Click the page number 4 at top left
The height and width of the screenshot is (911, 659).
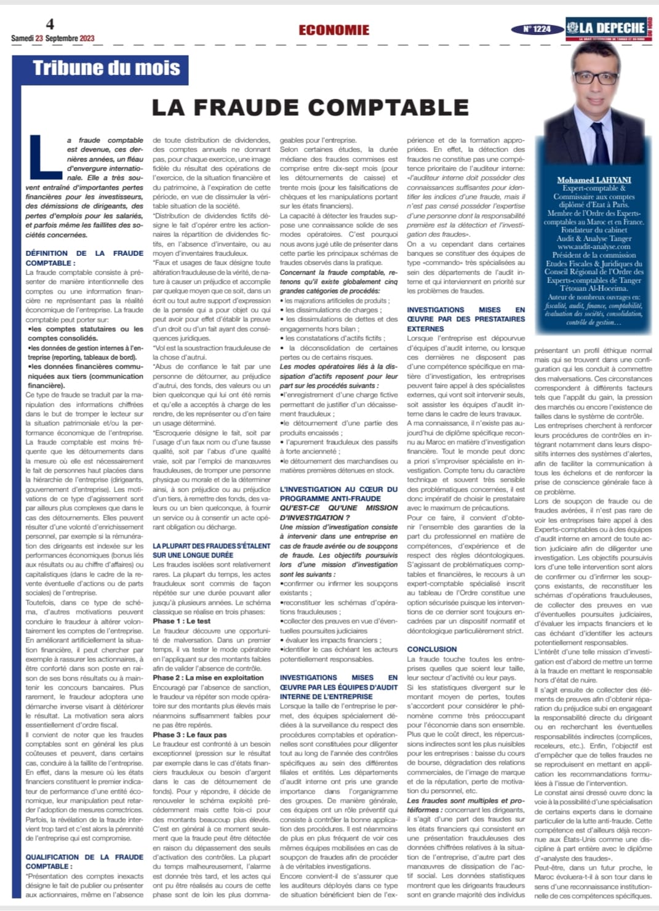[x=50, y=24]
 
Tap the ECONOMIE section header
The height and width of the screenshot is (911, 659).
[x=334, y=30]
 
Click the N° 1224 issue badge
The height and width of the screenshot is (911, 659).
[x=537, y=29]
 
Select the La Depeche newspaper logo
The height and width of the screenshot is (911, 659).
[x=608, y=28]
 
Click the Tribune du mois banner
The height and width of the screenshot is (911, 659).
[x=106, y=68]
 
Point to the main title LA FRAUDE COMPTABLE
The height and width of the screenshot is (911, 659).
[x=310, y=108]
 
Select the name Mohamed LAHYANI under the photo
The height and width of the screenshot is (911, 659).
[x=594, y=180]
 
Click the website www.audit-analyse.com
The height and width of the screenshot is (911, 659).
[x=594, y=247]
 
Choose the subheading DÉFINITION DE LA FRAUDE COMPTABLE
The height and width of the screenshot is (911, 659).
[x=84, y=258]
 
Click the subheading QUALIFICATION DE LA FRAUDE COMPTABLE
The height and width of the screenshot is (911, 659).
[x=84, y=861]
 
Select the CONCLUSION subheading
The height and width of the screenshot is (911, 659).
[x=432, y=649]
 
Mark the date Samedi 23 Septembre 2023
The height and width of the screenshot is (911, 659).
[x=53, y=38]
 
